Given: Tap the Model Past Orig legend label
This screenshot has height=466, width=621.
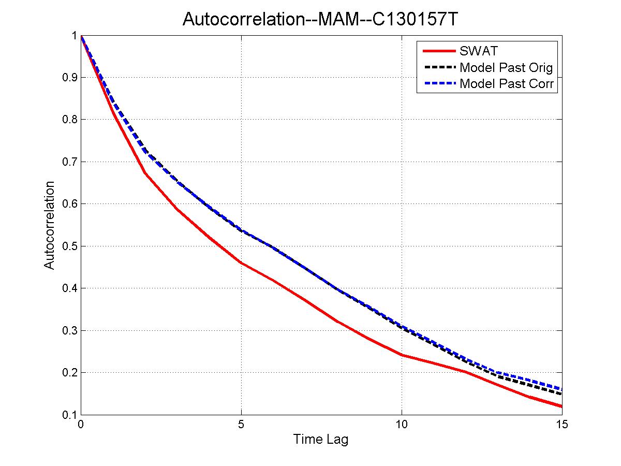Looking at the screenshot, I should coord(506,67).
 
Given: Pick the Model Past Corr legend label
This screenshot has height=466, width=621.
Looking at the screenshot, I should coord(507,83).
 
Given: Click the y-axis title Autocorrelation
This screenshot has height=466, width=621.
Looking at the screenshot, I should coord(49,225).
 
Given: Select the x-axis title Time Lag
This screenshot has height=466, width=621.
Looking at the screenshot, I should coord(321,440).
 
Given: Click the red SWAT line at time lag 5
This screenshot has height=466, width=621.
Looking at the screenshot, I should coord(241,263).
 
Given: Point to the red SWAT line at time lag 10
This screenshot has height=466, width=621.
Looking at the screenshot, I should coord(402,355).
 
